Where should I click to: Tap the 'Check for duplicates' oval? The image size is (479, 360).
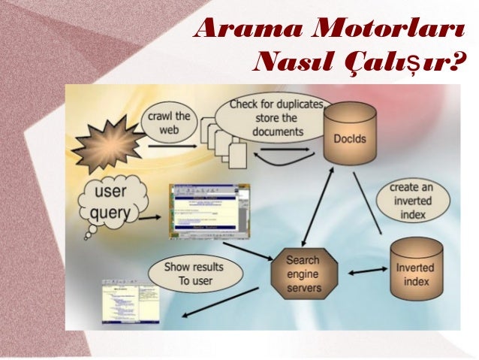click(x=267, y=116)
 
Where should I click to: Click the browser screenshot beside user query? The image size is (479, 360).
click(x=209, y=211)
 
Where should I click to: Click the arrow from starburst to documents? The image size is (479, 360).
click(x=176, y=146)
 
